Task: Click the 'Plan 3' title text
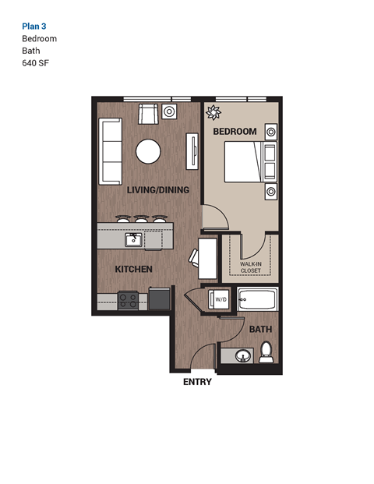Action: [x=34, y=26]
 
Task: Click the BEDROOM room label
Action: [x=235, y=132]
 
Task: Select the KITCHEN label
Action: [x=133, y=269]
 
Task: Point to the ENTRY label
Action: [x=197, y=382]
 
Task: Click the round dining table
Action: [x=148, y=151]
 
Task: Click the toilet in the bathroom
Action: [x=266, y=352]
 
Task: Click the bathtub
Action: [x=256, y=300]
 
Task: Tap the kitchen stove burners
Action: [x=129, y=299]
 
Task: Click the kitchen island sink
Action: [x=133, y=239]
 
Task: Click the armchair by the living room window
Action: [x=147, y=115]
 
